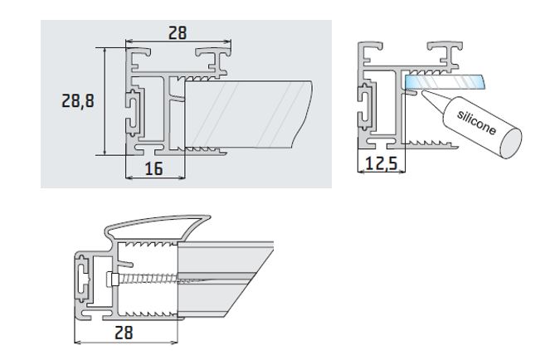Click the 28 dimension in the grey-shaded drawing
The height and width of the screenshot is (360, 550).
pyautogui.click(x=178, y=32)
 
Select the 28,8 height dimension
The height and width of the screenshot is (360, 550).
pyautogui.click(x=78, y=101)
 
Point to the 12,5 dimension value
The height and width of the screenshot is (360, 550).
pyautogui.click(x=381, y=163)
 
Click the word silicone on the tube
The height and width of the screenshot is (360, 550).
pyautogui.click(x=476, y=122)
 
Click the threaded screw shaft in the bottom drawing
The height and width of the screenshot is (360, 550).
pyautogui.click(x=149, y=277)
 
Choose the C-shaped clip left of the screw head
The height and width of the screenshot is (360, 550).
pyautogui.click(x=83, y=279)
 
